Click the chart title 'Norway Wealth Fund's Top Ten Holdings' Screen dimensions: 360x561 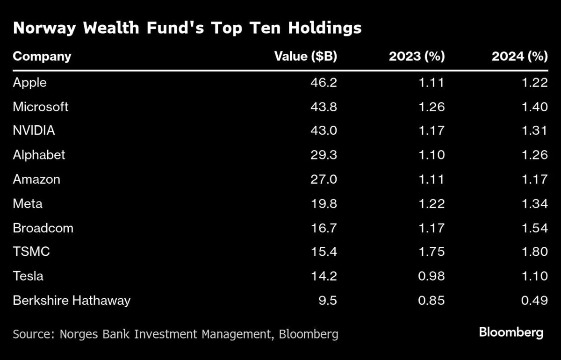187,28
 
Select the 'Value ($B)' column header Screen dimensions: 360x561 305,57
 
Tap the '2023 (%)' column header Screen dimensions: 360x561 417,57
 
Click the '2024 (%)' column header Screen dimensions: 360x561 519,57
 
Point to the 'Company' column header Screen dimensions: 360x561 42,57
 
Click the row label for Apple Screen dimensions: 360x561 30,83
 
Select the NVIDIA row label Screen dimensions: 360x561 34,130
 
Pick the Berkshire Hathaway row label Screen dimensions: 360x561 72,300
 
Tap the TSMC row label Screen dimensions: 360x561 31,252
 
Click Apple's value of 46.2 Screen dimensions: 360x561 324,83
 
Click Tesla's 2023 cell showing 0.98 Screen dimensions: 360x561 431,276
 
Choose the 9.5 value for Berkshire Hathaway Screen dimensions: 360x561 328,300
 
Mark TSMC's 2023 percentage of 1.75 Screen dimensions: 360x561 431,252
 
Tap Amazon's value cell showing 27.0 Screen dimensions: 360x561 324,179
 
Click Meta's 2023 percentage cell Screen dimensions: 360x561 431,203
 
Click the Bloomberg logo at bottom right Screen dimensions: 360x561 511,332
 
